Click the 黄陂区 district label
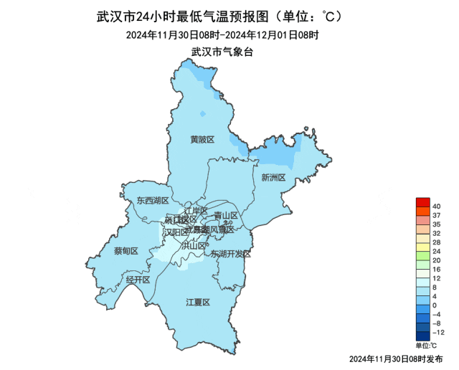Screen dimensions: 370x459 [202, 139]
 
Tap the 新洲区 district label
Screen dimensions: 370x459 [273, 177]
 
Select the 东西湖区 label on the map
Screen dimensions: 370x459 [153, 201]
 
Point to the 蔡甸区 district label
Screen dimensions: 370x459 [126, 251]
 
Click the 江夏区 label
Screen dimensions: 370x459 [197, 303]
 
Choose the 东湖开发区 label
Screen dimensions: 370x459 [231, 255]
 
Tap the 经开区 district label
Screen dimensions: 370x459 [138, 280]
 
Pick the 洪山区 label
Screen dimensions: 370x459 [194, 245]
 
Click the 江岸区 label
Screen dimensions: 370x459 [195, 211]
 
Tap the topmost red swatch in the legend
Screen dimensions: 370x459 [422, 202]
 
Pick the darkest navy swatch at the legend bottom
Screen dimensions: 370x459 [422, 335]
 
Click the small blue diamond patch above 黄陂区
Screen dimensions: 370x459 [203, 113]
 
